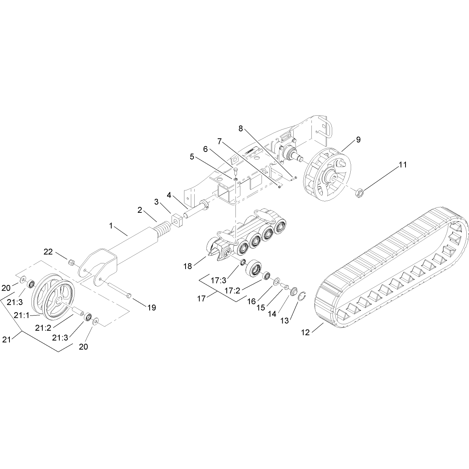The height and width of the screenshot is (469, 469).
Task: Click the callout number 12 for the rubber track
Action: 305,332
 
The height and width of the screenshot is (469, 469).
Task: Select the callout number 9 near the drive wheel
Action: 358,140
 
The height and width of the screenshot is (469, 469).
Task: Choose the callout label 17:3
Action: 218,280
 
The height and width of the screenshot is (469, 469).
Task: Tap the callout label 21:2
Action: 43,328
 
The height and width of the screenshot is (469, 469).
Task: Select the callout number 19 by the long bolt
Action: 152,308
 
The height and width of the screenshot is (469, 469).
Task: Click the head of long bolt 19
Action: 129,296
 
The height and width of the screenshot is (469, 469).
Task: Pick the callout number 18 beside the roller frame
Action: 188,266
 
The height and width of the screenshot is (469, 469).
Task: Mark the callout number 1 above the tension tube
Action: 111,226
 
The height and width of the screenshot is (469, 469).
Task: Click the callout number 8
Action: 240,128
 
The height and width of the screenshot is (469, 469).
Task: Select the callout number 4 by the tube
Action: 169,195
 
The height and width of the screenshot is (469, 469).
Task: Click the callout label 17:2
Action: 232,290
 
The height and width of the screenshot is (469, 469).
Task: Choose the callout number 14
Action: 272,314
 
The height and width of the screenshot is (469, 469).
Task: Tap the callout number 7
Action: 220,141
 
